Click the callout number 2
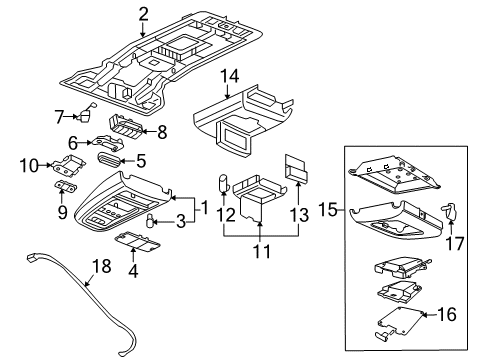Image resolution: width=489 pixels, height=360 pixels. click(143, 13)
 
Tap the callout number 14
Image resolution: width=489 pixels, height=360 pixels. click(229, 75)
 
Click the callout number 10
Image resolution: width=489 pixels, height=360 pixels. click(29, 164)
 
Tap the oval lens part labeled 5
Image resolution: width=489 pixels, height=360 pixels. click(108, 159)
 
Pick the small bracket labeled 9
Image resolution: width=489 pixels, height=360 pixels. click(65, 186)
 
